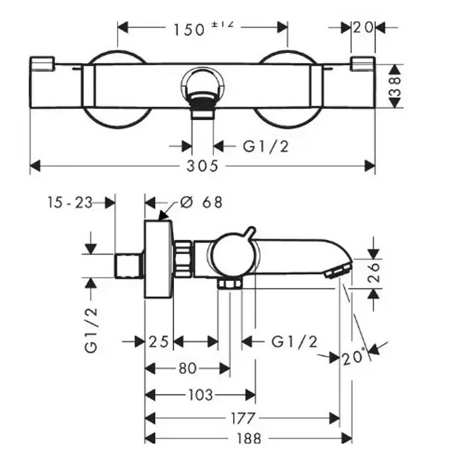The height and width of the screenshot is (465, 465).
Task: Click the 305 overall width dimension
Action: pyautogui.click(x=203, y=166)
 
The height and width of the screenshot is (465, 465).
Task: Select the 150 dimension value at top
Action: pyautogui.click(x=189, y=29)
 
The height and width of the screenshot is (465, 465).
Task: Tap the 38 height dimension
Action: pyautogui.click(x=395, y=86)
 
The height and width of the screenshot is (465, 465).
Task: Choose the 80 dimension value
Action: pyautogui.click(x=187, y=368)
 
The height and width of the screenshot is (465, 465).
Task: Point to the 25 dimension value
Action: pyautogui.click(x=158, y=342)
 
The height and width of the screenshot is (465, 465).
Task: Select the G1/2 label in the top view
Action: pyautogui.click(x=266, y=146)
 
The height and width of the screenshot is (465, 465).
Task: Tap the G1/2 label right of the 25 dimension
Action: pyautogui.click(x=294, y=342)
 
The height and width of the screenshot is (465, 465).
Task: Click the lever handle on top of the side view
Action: pyautogui.click(x=247, y=234)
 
